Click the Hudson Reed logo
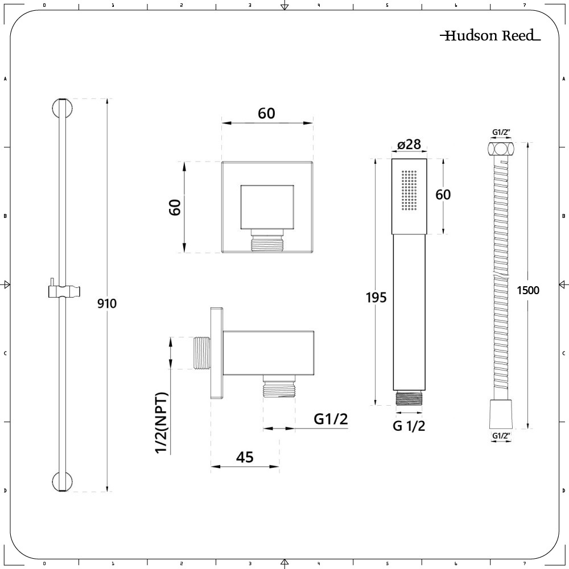click(490, 35)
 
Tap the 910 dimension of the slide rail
click(107, 303)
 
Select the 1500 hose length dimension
click(528, 290)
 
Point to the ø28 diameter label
click(409, 145)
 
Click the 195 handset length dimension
click(376, 298)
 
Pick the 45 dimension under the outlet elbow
click(245, 457)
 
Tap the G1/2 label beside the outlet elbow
click(331, 419)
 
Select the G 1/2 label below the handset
click(409, 426)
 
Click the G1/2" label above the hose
click(501, 133)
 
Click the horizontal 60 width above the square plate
click(266, 114)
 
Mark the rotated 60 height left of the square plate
click(175, 207)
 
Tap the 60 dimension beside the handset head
click(443, 195)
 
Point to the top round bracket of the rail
click(63, 108)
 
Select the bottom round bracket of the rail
click(63, 482)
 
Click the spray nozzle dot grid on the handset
click(409, 190)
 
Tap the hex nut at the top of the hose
click(500, 149)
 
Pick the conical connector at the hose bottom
click(501, 414)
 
